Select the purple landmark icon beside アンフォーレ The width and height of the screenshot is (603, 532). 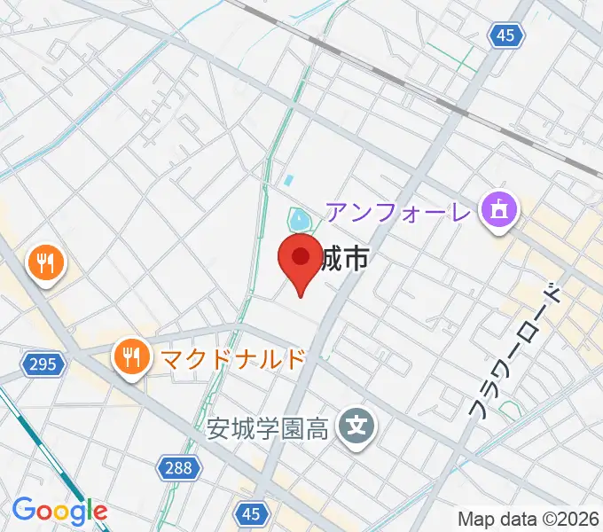click(x=498, y=212)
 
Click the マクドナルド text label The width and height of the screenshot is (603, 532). click(x=232, y=358)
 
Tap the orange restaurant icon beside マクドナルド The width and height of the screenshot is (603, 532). click(x=132, y=356)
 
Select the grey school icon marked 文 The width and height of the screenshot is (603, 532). click(x=356, y=427)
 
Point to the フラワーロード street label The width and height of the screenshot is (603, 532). click(x=515, y=350)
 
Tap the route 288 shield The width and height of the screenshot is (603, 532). click(x=178, y=467)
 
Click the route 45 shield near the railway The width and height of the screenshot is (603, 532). click(x=505, y=35)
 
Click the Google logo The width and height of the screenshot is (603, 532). click(x=59, y=511)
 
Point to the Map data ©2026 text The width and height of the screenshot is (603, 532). click(x=529, y=519)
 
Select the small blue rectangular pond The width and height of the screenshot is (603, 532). click(x=287, y=180)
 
